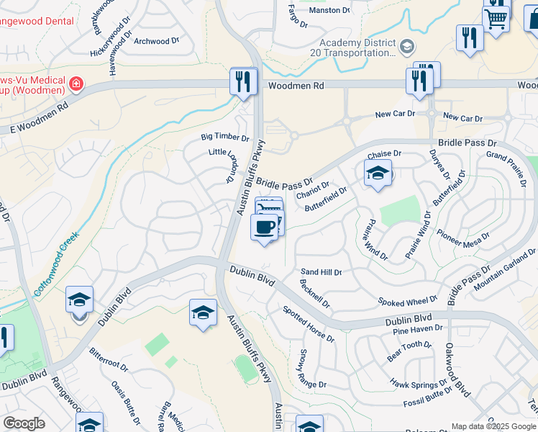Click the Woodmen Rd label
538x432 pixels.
296,86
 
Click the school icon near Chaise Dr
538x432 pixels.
378,174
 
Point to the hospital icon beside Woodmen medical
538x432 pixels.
76,85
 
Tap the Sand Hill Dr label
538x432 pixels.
321,272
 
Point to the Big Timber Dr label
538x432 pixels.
224,138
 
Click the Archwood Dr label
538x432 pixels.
156,41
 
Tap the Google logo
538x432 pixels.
24,423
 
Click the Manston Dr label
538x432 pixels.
329,11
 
